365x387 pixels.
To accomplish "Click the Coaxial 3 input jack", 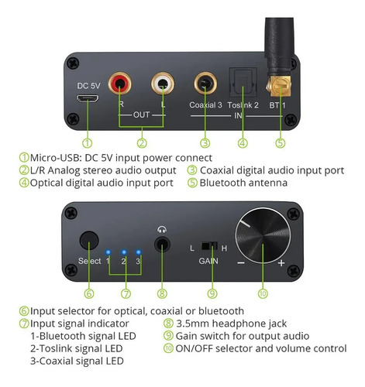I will pos(205,82).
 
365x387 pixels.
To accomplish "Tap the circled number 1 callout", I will pos(88,142).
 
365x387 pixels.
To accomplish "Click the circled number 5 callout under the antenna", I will pos(279,142).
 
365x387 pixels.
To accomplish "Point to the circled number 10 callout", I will pos(261,293).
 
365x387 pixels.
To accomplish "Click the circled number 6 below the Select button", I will pos(89,293).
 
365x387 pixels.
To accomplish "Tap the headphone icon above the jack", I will pos(162,230).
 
